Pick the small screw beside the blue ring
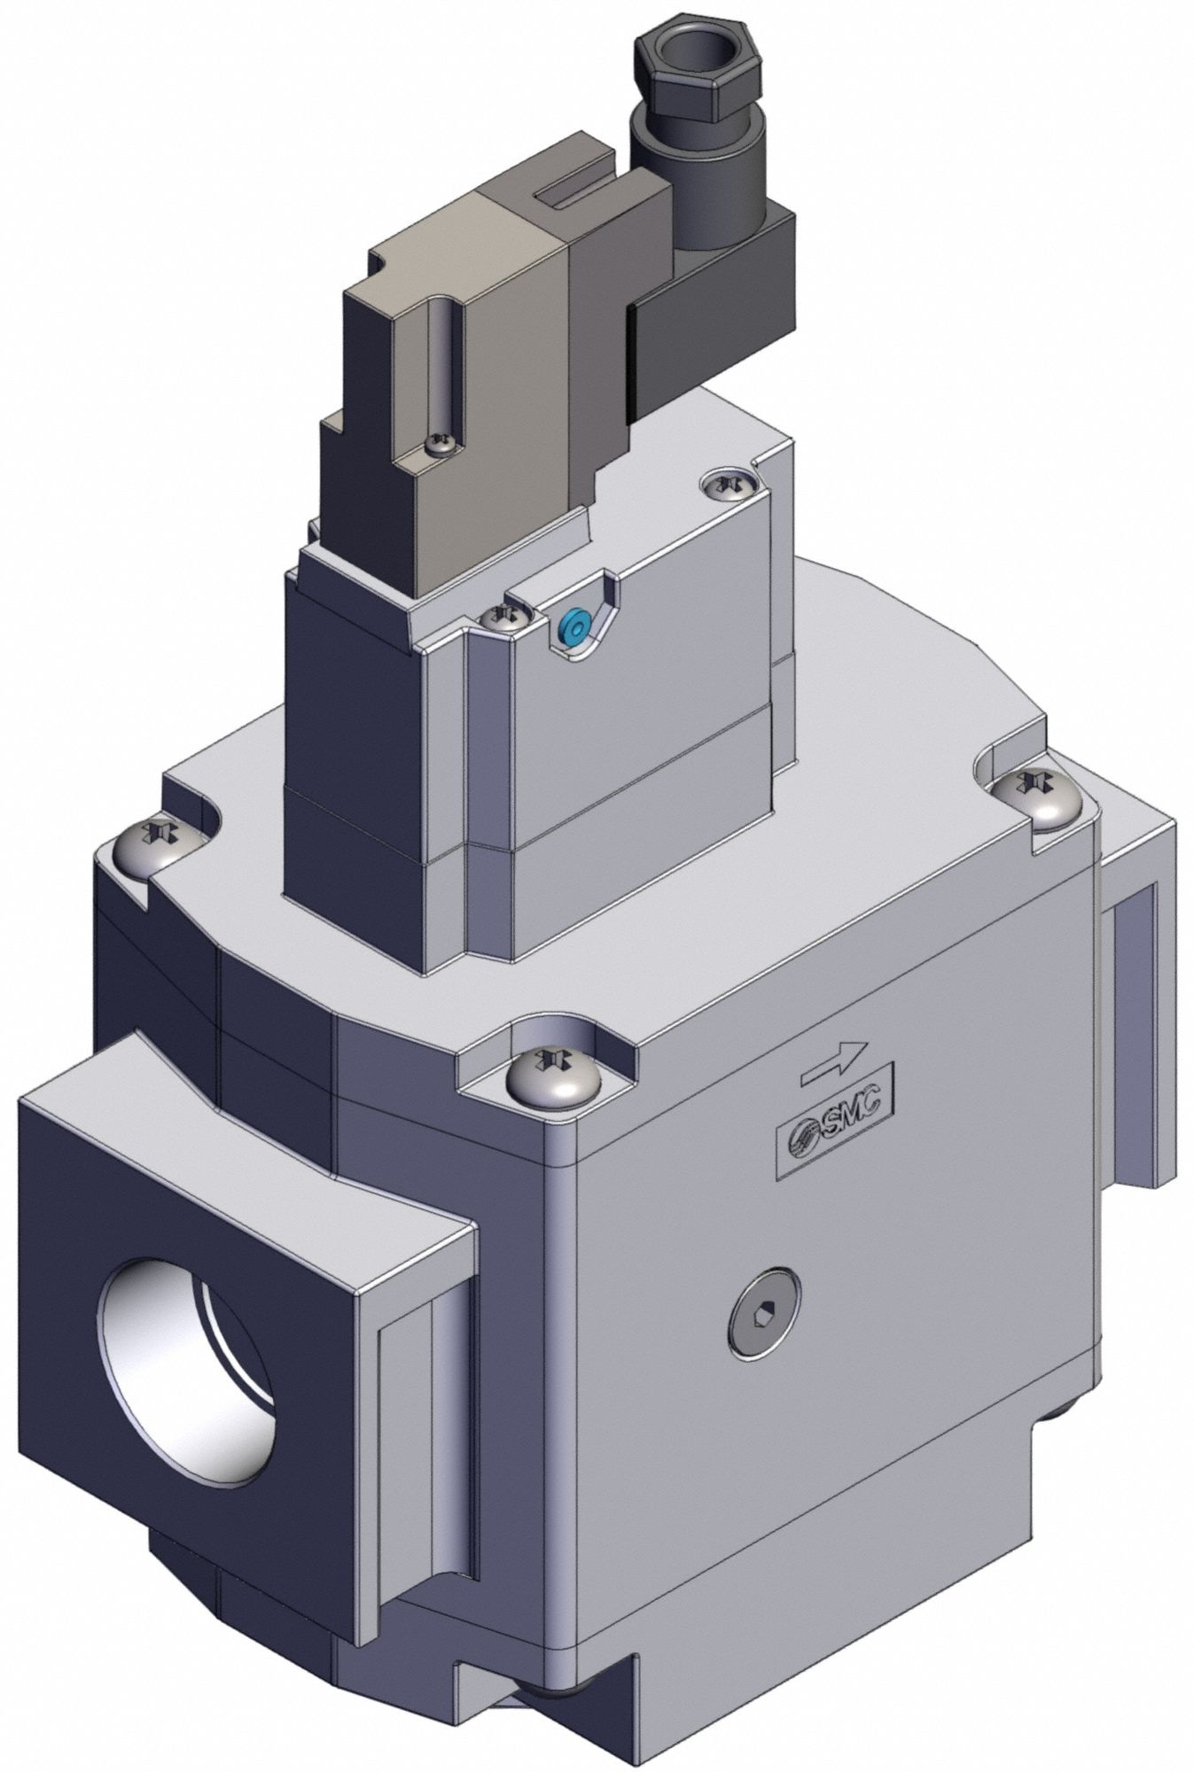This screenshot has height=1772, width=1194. pyautogui.click(x=506, y=617)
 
